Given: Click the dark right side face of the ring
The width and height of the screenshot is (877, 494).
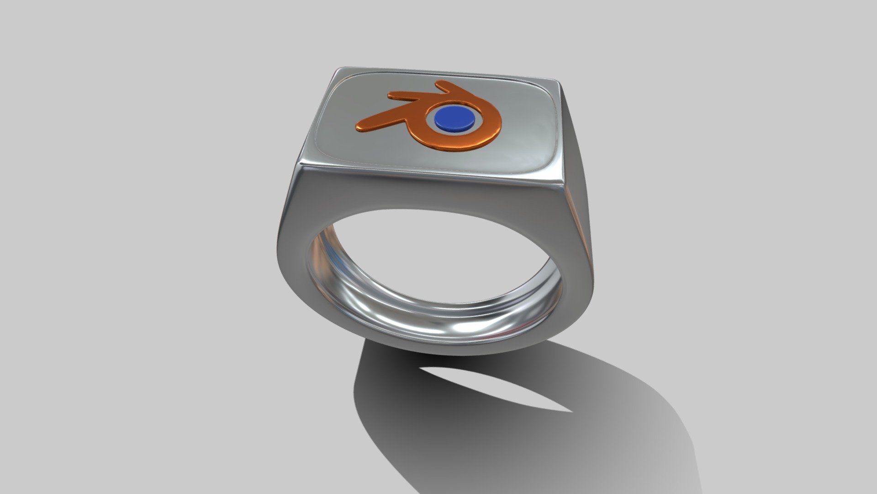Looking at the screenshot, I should [578, 192].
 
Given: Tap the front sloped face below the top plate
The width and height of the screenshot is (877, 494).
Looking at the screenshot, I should [429, 192].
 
